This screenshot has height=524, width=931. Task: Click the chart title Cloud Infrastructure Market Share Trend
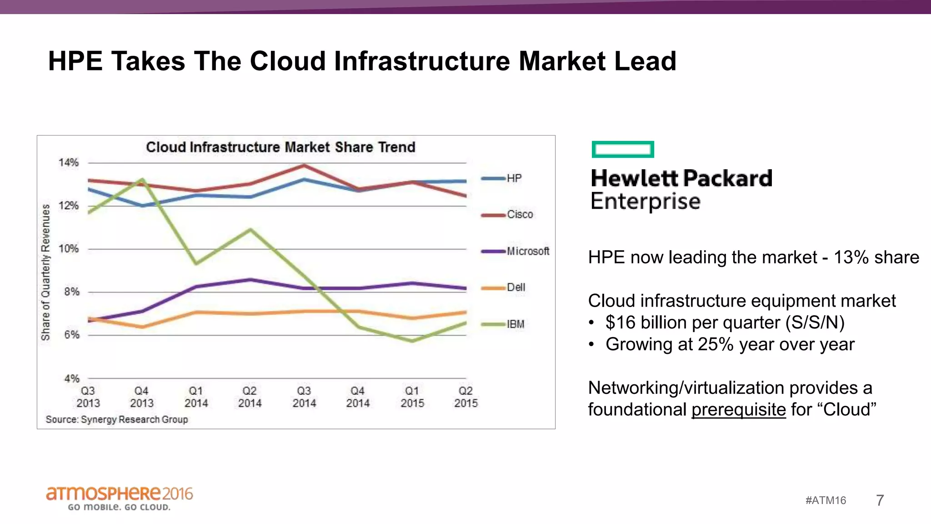tap(280, 147)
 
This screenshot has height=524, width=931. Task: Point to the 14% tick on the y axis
tap(69, 163)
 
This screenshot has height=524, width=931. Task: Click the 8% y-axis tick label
tap(71, 292)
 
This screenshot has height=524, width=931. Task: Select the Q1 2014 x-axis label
tap(196, 397)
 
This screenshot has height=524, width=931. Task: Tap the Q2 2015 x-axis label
tap(465, 397)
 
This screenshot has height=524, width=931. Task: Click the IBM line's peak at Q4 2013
tap(142, 180)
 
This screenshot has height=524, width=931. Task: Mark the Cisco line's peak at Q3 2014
tap(304, 166)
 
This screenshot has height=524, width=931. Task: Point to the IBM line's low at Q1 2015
tap(412, 341)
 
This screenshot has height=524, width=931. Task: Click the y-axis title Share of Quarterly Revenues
tap(45, 272)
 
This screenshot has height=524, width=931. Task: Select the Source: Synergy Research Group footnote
tap(117, 419)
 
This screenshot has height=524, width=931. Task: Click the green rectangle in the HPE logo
tap(622, 149)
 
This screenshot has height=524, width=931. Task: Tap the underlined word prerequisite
tap(738, 409)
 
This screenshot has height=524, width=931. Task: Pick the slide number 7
tap(880, 500)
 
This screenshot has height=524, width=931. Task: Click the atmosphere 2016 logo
tap(119, 497)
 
